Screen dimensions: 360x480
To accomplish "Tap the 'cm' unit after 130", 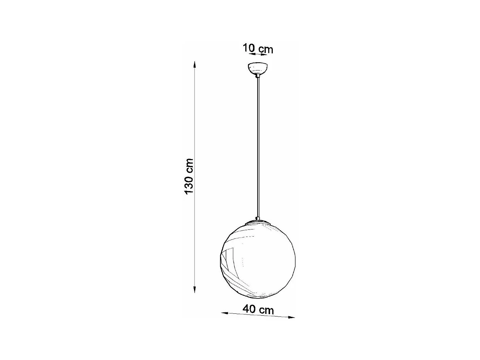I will (x=189, y=165).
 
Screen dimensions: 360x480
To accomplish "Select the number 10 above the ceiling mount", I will (x=249, y=48).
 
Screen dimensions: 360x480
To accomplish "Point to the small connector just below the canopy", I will (x=258, y=76).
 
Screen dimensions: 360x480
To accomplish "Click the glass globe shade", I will (x=258, y=262).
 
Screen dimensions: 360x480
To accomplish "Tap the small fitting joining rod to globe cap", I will (x=258, y=218).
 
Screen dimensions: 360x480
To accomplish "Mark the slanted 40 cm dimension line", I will (x=258, y=315).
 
